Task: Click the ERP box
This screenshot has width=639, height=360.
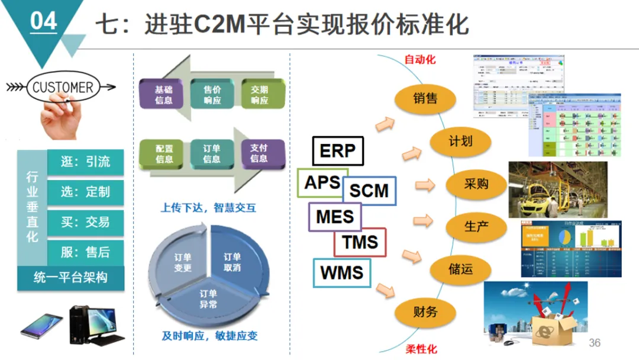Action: [x=337, y=151]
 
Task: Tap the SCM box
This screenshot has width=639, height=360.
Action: [x=369, y=191]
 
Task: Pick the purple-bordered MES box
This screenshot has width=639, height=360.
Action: [x=335, y=216]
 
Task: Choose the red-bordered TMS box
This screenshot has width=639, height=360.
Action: [x=360, y=242]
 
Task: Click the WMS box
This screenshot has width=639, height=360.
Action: [x=341, y=273]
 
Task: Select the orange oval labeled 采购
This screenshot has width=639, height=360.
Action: [x=476, y=184]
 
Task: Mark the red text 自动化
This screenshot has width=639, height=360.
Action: [x=420, y=60]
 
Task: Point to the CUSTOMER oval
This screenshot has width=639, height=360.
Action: [x=62, y=88]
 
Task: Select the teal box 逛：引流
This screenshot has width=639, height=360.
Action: [x=85, y=162]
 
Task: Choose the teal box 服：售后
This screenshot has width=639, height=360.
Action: [x=85, y=252]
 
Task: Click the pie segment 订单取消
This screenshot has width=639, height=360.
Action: [x=232, y=262]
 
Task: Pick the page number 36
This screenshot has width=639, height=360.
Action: [x=595, y=343]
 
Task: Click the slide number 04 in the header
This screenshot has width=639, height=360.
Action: [x=43, y=22]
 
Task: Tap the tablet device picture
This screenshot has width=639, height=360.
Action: [x=41, y=325]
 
